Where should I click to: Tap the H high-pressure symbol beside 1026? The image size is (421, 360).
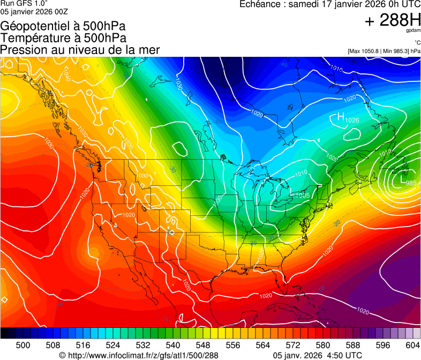pos(340,117)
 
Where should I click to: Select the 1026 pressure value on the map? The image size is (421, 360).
pos(352,120)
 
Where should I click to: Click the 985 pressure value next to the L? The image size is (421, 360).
pos(411,184)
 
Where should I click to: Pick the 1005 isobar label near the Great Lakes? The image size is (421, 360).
pos(303,195)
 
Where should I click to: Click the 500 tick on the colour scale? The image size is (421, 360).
pos(23,346)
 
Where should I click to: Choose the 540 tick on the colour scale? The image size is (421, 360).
pos(173,346)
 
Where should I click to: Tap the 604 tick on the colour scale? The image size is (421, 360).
pos(413,346)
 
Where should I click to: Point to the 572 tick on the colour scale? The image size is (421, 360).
pos(293,346)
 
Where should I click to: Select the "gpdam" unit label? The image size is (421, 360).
pos(413,31)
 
